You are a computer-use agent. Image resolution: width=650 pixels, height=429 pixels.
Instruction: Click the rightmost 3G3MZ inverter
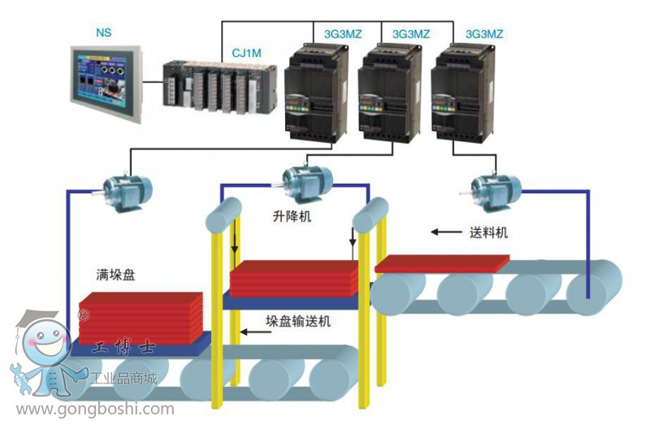[x=463, y=89]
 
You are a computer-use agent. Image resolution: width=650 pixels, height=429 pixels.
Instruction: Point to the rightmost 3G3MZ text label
[x=484, y=34]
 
